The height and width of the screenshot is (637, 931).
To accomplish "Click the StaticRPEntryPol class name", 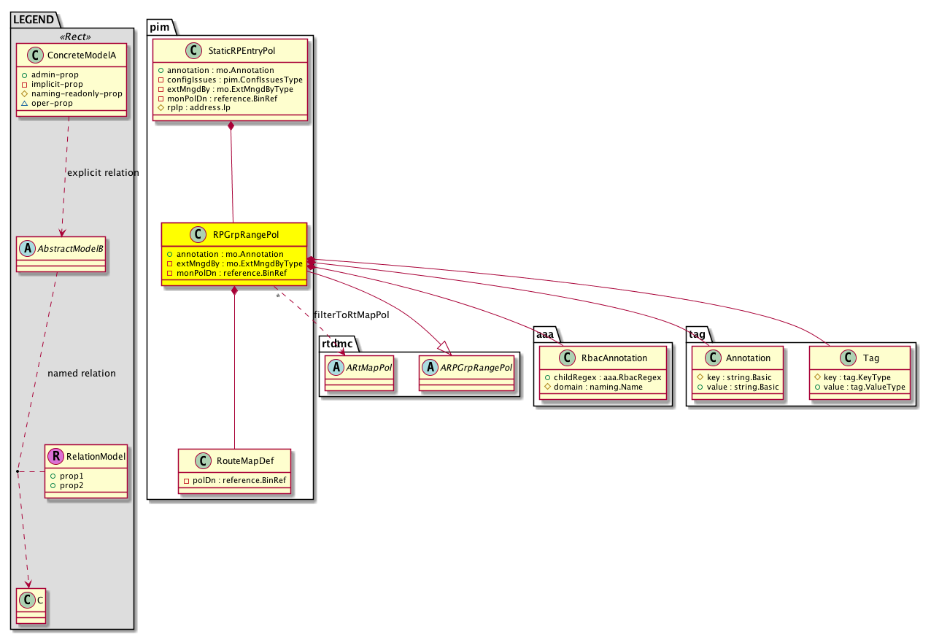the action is point(242,50).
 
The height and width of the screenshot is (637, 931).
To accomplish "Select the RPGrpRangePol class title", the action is point(246,235).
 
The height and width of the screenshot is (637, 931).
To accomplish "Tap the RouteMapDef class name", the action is point(245,461).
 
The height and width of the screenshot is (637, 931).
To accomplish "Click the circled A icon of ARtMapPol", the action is point(336,367).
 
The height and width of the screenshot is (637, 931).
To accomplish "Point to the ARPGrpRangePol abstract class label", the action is point(476,368).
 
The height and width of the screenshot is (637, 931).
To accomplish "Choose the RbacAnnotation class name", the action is point(614,358).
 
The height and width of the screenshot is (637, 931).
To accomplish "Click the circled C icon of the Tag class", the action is point(848,358).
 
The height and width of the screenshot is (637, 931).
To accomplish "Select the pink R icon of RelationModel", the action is point(55,456).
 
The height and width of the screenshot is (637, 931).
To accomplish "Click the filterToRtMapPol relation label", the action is point(352,315).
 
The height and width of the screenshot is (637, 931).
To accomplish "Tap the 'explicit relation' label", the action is point(103,172).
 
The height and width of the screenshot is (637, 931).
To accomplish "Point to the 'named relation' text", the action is point(82,373).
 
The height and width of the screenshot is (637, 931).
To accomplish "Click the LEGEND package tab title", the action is point(34,20).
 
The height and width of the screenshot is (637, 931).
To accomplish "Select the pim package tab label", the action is point(160,27).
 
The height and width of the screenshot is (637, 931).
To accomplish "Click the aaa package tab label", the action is point(545,334).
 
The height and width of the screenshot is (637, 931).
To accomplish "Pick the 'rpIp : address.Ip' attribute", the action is point(194,107).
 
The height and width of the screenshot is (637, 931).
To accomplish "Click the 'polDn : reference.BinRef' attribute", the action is point(235,480).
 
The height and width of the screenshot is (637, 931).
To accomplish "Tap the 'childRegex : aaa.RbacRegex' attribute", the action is point(603,377).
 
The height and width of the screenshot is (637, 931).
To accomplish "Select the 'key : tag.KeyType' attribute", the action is point(852,377).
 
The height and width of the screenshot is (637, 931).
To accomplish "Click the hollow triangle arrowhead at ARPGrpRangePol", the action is point(445,348).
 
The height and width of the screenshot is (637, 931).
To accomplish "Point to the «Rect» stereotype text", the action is point(75,36).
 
